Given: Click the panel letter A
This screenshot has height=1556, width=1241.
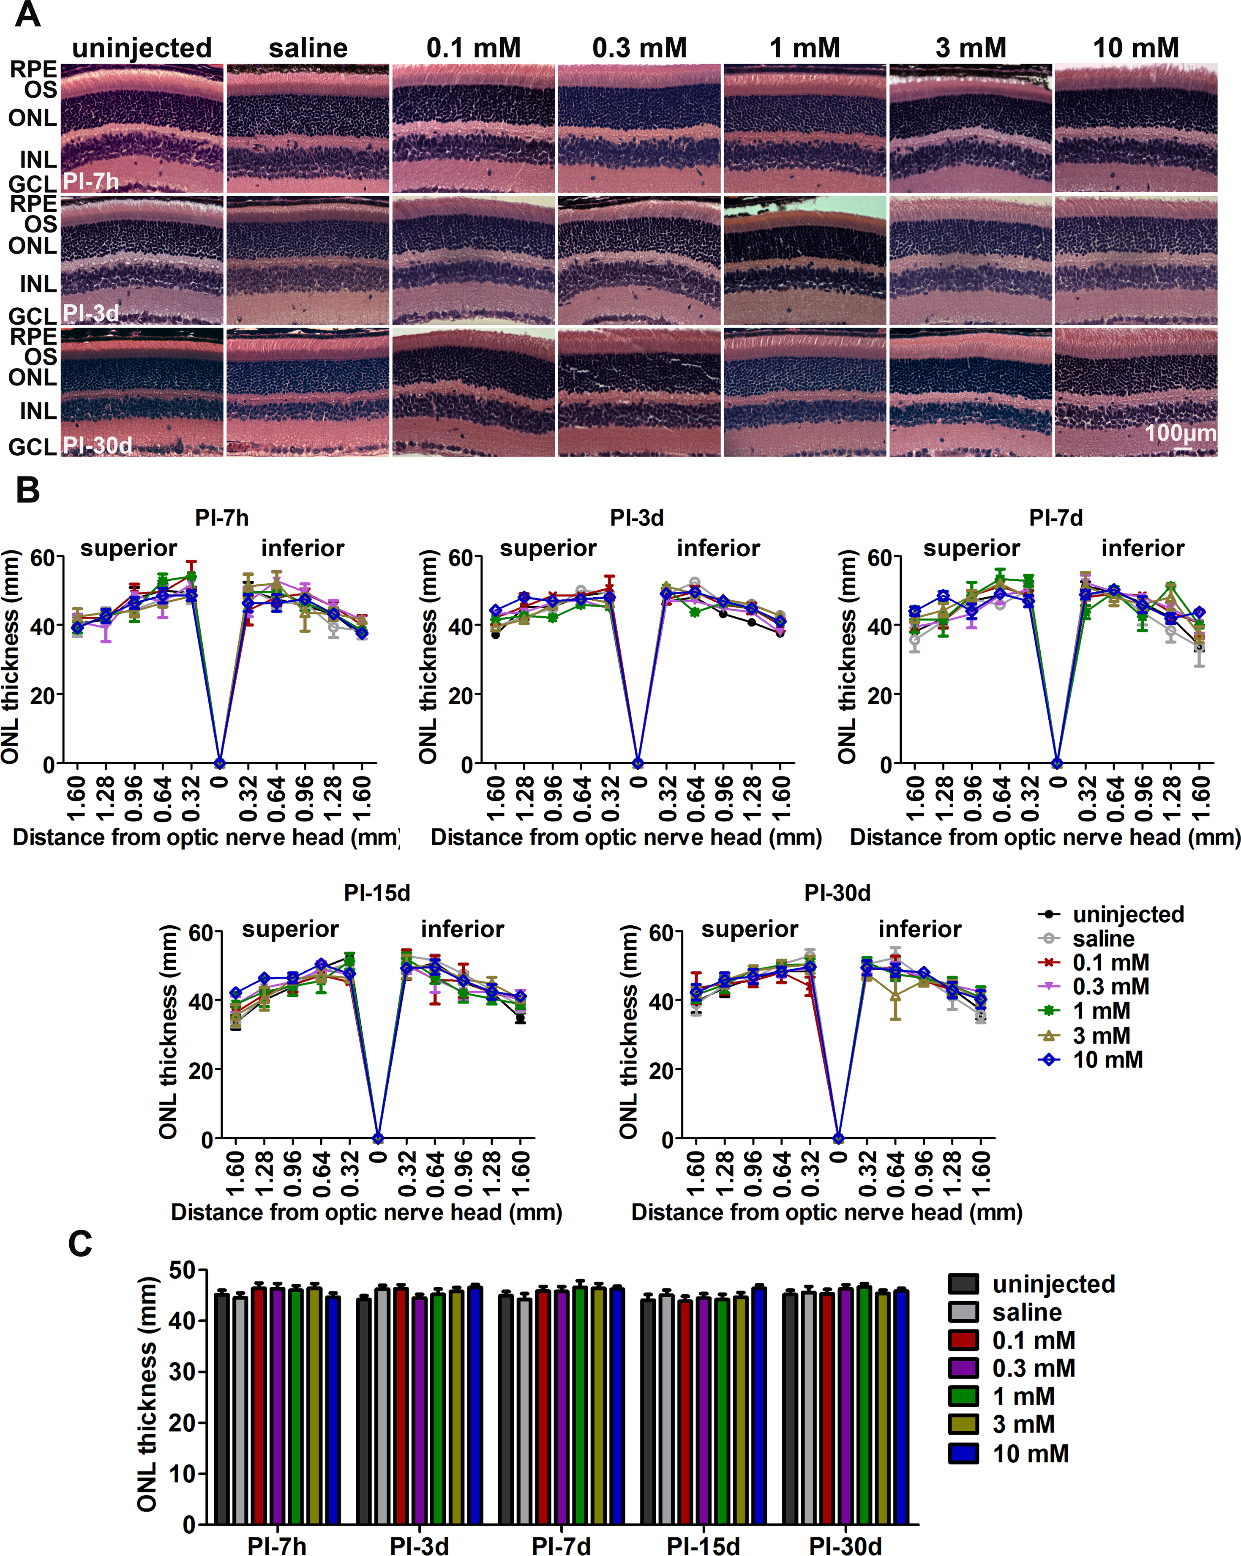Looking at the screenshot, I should [x=27, y=14].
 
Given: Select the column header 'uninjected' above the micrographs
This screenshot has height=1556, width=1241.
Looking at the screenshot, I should [x=142, y=48].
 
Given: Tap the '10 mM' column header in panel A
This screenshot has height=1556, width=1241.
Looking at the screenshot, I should [x=1136, y=48].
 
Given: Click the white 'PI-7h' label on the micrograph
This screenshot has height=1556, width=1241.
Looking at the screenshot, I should [x=91, y=181].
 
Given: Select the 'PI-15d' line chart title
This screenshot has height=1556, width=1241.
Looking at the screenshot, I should [x=376, y=893].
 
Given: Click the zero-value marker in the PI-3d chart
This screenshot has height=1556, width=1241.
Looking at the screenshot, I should [x=638, y=763].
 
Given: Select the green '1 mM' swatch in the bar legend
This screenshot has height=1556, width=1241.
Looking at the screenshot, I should [x=963, y=1396].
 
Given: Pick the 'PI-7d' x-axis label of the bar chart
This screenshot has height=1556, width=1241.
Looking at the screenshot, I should [x=561, y=1545].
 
